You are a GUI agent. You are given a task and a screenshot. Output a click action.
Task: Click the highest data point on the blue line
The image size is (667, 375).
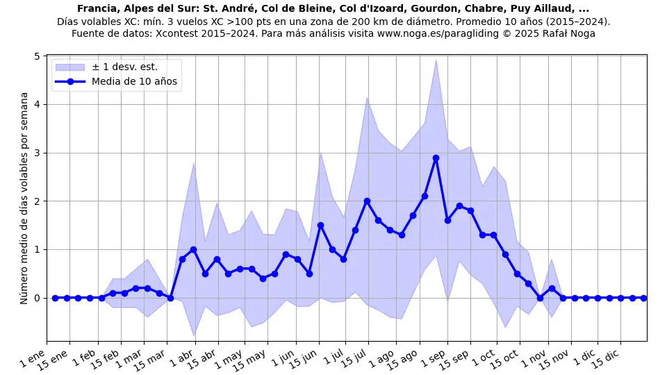point(436,158)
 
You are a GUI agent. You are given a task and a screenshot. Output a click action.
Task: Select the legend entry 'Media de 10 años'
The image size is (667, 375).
point(134,81)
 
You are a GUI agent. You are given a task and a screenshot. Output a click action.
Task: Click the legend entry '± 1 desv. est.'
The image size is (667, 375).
point(124,67)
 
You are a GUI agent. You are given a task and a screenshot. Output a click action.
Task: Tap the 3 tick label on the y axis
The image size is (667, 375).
point(35,153)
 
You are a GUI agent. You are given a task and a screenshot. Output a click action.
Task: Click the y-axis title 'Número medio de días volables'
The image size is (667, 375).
point(24,198)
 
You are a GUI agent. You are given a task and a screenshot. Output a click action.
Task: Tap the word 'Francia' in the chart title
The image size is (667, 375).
point(97,9)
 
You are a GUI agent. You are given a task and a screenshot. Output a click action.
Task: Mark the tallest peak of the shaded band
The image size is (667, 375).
point(436,60)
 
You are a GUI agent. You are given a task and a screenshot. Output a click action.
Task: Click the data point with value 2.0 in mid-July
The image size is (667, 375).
point(367,201)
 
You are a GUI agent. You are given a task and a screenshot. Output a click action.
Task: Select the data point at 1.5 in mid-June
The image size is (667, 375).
point(320,225)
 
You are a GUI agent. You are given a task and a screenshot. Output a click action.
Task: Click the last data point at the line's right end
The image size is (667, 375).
point(643,298)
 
